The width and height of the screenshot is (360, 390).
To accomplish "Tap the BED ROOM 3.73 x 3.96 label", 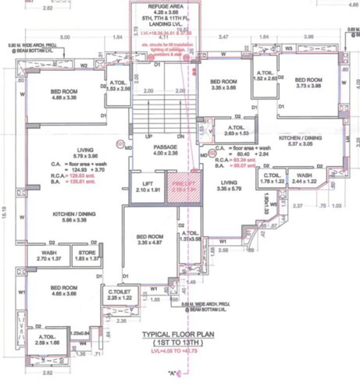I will coord(310,83).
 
